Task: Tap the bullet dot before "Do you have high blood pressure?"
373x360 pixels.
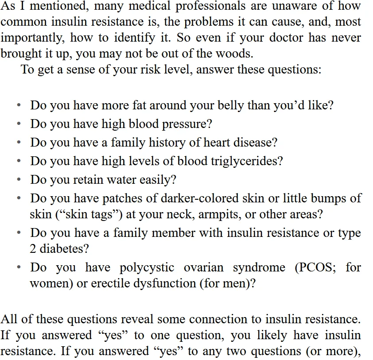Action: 19,124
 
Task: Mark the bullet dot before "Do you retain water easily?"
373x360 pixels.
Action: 19,180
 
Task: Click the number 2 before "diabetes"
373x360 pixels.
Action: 33,249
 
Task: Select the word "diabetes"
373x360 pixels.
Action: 65,249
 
